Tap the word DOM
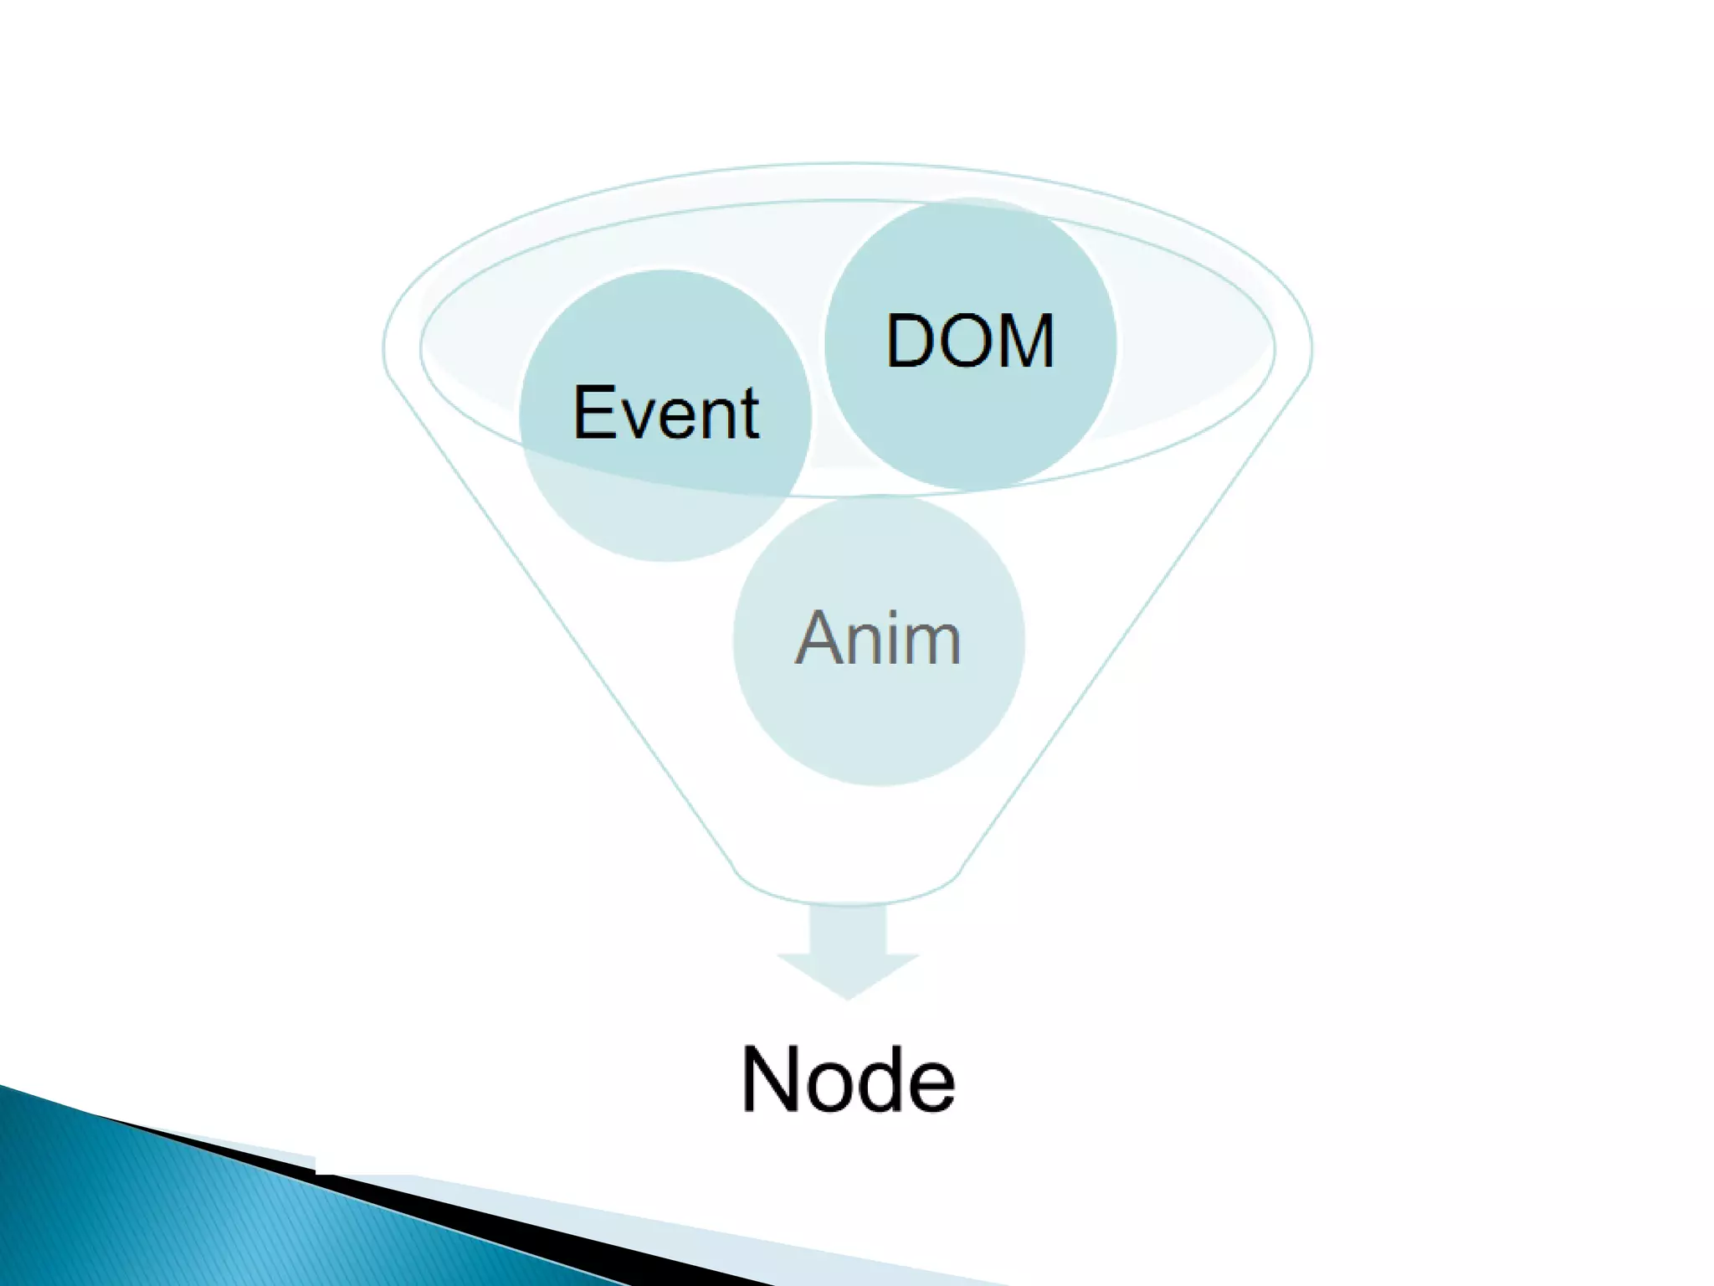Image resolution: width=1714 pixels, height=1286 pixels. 970,342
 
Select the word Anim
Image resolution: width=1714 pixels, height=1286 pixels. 878,638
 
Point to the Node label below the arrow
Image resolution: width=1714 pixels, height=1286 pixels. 848,1080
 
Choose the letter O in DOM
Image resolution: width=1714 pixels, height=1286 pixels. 967,342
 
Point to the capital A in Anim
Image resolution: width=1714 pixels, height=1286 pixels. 818,638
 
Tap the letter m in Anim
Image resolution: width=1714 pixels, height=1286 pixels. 931,643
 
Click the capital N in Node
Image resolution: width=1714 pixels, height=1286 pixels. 772,1080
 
